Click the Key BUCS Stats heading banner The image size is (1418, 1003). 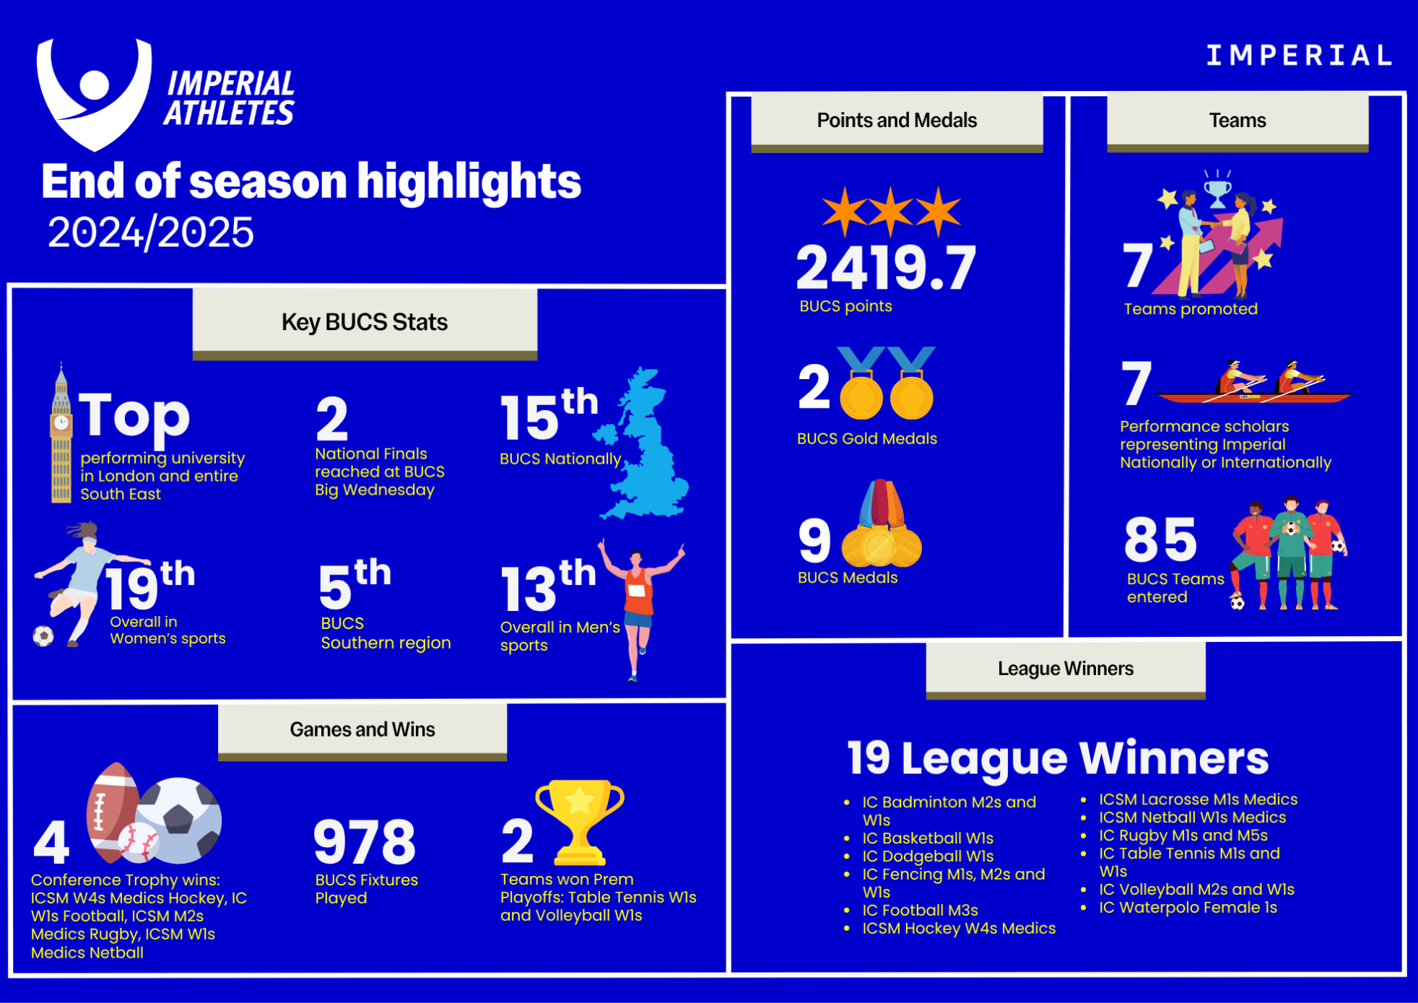(x=365, y=323)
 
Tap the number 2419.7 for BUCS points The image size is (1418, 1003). (x=886, y=268)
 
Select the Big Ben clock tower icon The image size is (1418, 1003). (x=61, y=433)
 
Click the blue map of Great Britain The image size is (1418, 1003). (x=641, y=443)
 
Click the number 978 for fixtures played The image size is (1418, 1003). (x=365, y=842)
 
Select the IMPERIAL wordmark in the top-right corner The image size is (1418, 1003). (x=1299, y=56)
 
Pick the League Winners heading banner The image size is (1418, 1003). (x=1066, y=670)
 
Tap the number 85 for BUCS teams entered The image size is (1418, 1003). (x=1160, y=539)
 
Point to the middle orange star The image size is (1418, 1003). (x=891, y=211)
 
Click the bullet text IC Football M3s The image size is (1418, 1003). (x=920, y=911)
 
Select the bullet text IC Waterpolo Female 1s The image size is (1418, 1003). (x=1188, y=908)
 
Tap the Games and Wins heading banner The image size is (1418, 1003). (x=362, y=731)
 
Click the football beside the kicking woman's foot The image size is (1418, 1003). (x=43, y=636)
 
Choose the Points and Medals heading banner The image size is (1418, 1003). (x=897, y=121)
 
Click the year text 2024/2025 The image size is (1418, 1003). (x=151, y=233)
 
